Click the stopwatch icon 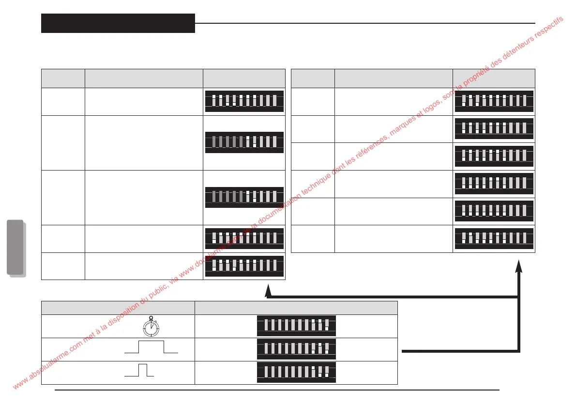(x=152, y=327)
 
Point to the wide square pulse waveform (x=151, y=348)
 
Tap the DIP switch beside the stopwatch (x=296, y=326)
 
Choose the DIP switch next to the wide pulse (x=296, y=349)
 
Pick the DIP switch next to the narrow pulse (x=296, y=372)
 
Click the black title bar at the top (x=118, y=23)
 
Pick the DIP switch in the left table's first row (x=244, y=101)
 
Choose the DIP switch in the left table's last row (x=244, y=266)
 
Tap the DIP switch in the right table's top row (x=494, y=101)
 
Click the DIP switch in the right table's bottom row (x=494, y=238)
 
